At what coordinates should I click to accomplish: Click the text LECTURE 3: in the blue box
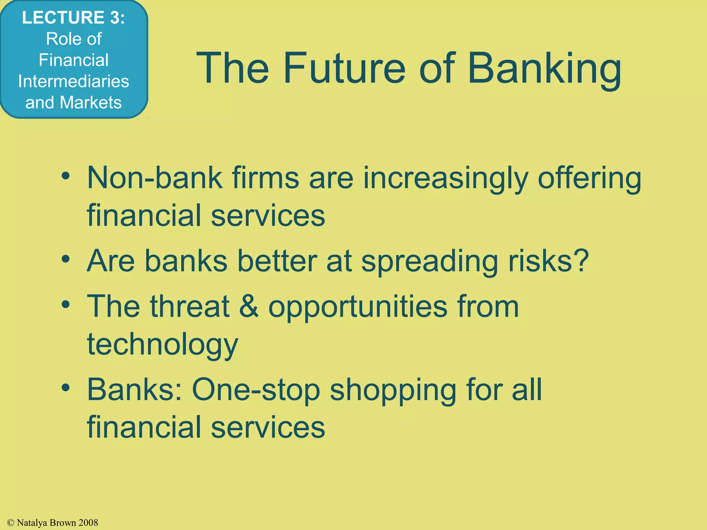pyautogui.click(x=74, y=18)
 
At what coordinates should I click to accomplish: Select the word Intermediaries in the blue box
pyautogui.click(x=74, y=81)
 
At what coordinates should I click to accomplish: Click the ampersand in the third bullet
pyautogui.click(x=249, y=306)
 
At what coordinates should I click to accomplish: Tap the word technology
pyautogui.click(x=163, y=345)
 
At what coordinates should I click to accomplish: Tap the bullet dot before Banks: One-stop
pyautogui.click(x=66, y=387)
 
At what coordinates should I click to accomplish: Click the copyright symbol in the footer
pyautogui.click(x=10, y=523)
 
